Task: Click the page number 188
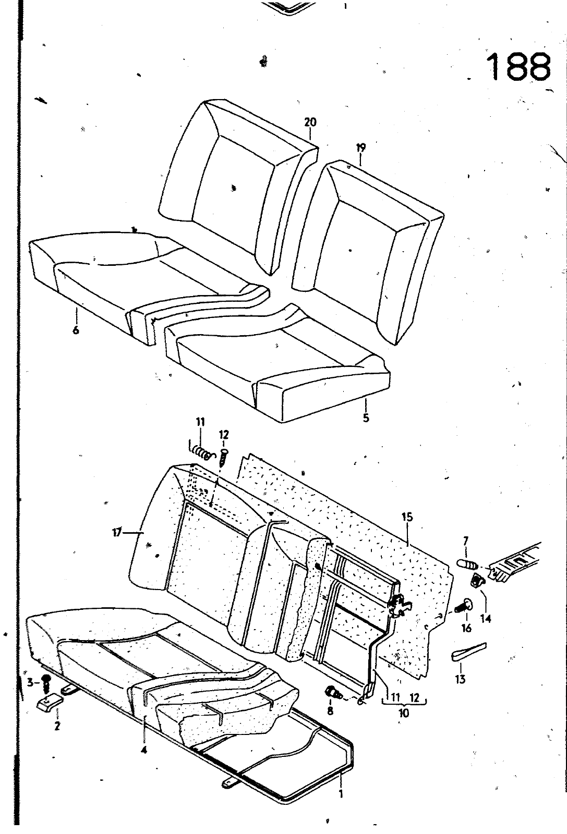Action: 518,66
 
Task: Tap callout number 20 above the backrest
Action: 310,122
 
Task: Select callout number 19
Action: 360,148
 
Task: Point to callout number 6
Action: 76,330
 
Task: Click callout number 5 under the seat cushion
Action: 366,418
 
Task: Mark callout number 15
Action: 407,517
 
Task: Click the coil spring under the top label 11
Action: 201,451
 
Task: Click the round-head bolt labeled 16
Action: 465,606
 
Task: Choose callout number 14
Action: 486,619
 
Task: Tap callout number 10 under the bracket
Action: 404,713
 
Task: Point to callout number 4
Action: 144,750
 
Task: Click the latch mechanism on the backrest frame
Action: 400,606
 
